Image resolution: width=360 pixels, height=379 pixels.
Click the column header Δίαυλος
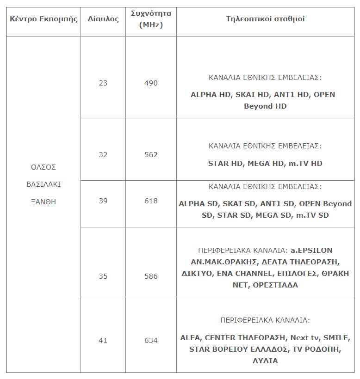[103, 19]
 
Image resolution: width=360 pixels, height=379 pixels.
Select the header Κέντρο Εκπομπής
[43, 19]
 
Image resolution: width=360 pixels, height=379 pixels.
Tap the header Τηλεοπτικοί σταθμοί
[265, 19]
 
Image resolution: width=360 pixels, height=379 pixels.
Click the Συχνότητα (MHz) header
[151, 19]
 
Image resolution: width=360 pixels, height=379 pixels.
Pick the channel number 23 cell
[103, 83]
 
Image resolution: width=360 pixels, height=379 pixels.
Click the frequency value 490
[151, 83]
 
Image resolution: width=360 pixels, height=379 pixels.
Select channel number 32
[103, 155]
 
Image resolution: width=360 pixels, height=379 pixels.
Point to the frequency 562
[151, 155]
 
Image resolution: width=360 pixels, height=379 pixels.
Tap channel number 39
[103, 201]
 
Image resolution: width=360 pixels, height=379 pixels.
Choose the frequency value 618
[151, 201]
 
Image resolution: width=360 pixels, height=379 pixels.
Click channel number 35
[103, 276]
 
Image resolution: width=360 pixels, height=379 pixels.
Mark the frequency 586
[151, 276]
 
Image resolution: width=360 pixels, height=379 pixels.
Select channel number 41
[103, 341]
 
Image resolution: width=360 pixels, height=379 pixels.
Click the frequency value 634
[151, 341]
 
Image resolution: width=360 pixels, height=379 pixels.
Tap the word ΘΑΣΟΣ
[43, 167]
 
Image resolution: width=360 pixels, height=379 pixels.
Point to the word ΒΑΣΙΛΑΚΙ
[43, 184]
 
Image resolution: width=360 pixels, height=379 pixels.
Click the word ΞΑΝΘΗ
[43, 202]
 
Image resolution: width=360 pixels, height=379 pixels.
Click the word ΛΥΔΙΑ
[265, 361]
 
